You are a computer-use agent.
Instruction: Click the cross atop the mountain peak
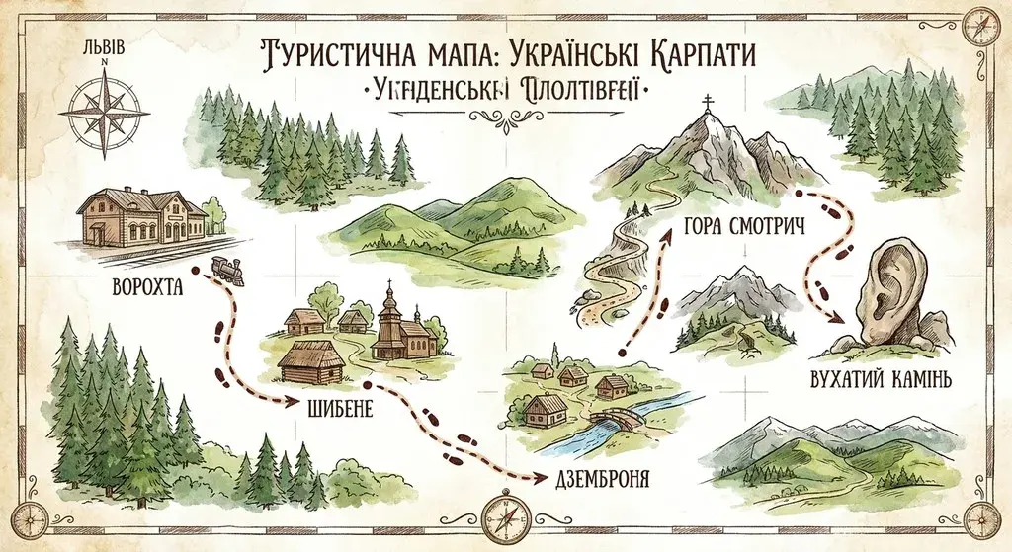point(707,104)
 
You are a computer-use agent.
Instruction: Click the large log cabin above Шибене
point(309,359)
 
